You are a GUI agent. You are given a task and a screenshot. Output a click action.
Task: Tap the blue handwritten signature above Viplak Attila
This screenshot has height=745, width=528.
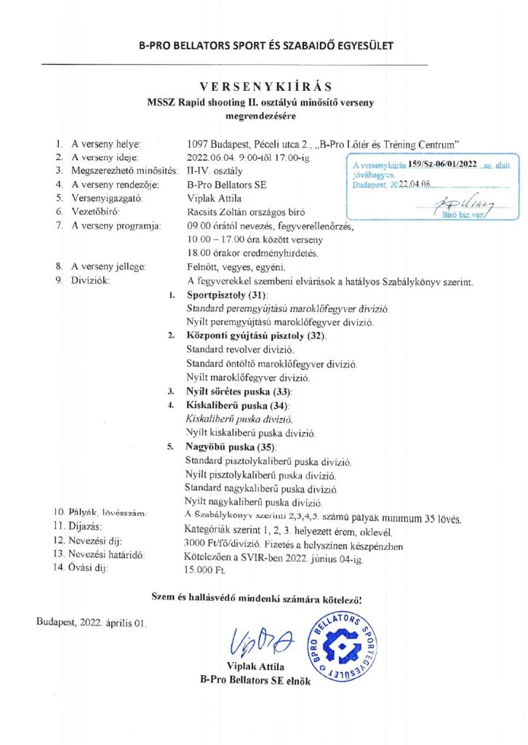pos(261,640)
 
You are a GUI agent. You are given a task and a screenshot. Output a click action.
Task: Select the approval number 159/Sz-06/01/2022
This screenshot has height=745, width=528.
pos(442,166)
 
